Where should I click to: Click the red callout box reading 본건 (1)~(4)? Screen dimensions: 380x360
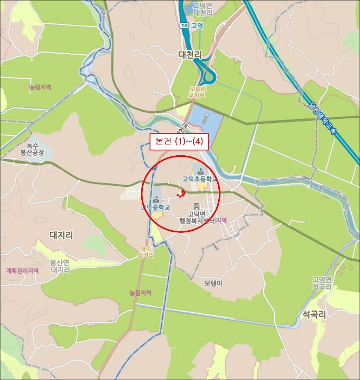pos(179,142)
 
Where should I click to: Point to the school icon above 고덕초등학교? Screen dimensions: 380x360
pos(201,172)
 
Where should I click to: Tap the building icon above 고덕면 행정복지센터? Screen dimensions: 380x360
pos(196,206)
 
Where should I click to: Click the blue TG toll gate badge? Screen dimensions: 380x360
pos(184,25)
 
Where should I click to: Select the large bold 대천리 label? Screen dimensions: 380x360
pos(190,55)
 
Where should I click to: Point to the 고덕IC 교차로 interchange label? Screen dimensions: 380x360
pos(197,92)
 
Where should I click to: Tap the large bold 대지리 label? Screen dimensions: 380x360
pos(61,235)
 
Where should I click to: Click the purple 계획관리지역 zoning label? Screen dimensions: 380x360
pos(22,270)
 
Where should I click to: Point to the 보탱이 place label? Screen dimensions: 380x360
pos(213,283)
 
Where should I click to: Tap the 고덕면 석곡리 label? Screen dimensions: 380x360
pos(321,283)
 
